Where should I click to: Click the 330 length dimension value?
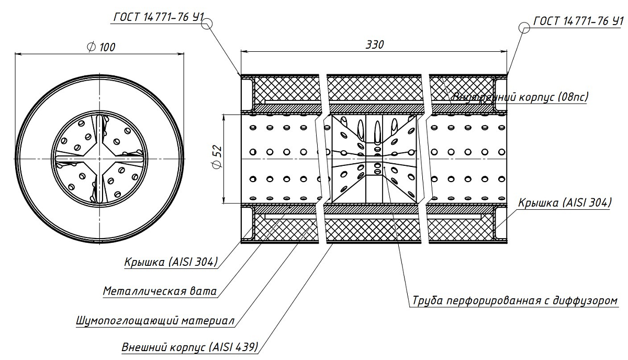(375, 44)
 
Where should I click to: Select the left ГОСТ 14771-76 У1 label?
(158, 17)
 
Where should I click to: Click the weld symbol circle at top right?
(524, 27)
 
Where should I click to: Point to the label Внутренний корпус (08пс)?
(519, 97)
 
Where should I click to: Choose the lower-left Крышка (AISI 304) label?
(171, 262)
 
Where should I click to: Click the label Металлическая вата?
(160, 291)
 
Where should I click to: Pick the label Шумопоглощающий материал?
(154, 320)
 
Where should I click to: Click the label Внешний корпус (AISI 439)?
(190, 347)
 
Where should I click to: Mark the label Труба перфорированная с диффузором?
(515, 302)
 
